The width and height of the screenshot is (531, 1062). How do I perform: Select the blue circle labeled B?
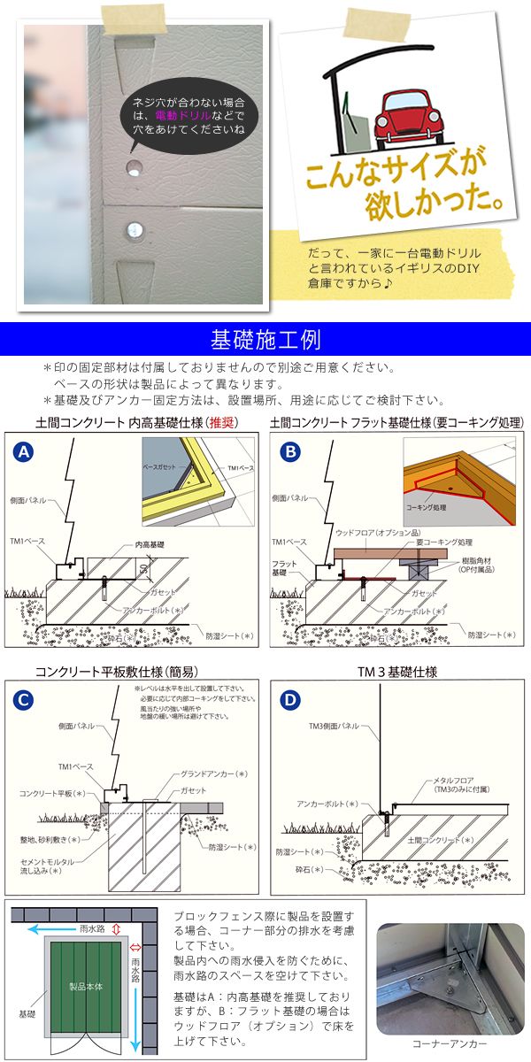(289, 451)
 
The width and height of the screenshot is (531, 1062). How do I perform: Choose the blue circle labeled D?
(289, 699)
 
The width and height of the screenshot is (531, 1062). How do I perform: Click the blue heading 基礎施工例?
(265, 339)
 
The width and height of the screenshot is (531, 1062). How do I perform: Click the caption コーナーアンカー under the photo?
(444, 1045)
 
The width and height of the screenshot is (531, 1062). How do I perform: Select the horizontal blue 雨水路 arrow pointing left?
(62, 929)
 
